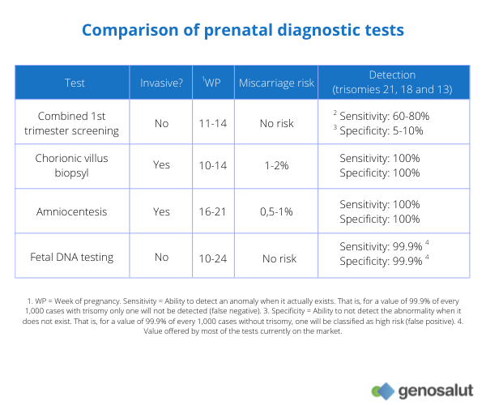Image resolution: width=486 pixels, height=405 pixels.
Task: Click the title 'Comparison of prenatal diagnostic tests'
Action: click(x=242, y=31)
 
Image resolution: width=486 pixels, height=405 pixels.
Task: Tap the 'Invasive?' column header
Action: click(x=162, y=83)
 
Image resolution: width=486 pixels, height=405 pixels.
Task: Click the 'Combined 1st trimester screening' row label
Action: click(x=73, y=123)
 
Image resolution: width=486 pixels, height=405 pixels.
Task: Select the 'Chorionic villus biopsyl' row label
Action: click(x=73, y=165)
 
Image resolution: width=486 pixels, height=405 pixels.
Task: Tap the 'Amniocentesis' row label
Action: click(x=73, y=211)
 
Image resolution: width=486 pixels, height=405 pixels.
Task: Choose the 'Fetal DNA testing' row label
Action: click(x=73, y=257)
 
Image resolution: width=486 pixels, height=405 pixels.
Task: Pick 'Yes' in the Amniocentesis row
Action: click(x=162, y=211)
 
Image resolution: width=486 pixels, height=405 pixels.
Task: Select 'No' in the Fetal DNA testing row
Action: click(x=162, y=257)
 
